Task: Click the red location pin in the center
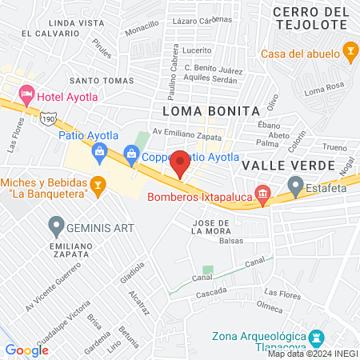point(180,163)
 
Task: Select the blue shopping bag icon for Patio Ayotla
point(99,151)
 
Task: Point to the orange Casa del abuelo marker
point(349,54)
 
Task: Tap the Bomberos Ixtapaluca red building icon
point(262,194)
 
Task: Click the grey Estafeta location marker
point(295,187)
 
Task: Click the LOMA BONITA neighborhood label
point(211,110)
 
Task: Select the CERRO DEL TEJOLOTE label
point(310,18)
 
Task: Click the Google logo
point(27,350)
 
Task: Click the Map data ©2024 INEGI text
point(313,354)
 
